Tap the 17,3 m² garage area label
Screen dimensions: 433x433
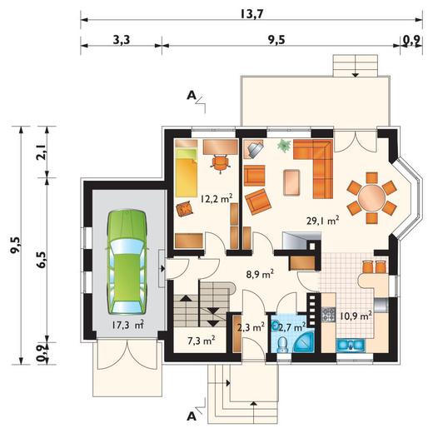click(x=128, y=325)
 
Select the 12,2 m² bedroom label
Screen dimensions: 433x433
click(x=216, y=199)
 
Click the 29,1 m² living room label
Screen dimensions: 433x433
click(x=323, y=221)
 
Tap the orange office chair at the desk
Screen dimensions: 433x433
click(x=221, y=163)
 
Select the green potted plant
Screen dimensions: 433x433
click(x=285, y=145)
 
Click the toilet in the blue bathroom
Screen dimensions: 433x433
click(x=283, y=345)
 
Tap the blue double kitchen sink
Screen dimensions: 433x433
click(x=351, y=345)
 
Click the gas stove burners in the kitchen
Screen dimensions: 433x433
click(x=329, y=315)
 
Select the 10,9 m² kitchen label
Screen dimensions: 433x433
click(x=356, y=316)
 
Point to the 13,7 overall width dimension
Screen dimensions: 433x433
click(x=251, y=14)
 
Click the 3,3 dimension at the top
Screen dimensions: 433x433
click(x=122, y=40)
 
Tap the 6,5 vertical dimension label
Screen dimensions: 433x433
click(x=42, y=260)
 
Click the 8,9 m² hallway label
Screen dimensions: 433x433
click(x=261, y=274)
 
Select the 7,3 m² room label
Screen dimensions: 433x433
click(x=202, y=341)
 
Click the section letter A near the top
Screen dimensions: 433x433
click(x=192, y=96)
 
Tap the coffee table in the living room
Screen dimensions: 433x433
click(x=291, y=182)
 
